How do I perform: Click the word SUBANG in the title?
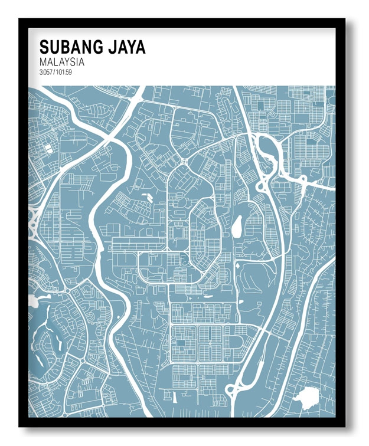coord(68,47)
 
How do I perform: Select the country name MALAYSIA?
coord(61,61)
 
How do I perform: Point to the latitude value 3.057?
coord(46,72)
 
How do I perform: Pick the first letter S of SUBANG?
coord(44,47)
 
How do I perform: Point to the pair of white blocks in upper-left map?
coord(47,148)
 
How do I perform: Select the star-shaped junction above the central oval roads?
coord(184,160)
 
